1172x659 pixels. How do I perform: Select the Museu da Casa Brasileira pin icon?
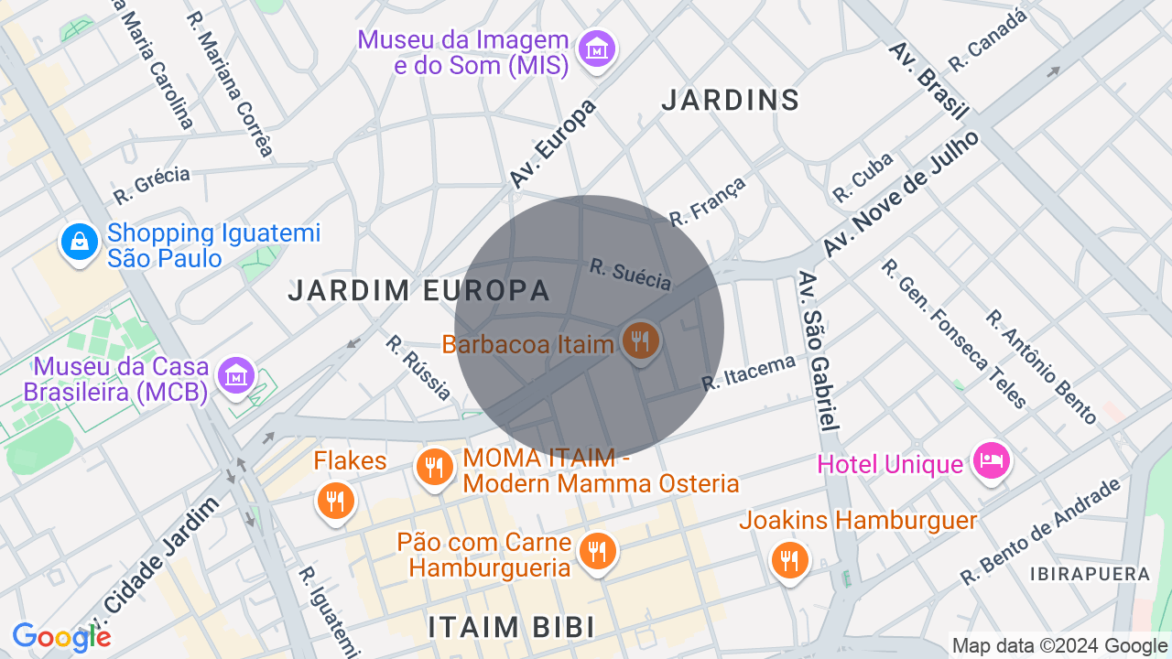pyautogui.click(x=236, y=374)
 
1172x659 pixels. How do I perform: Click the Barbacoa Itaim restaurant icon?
pyautogui.click(x=640, y=341)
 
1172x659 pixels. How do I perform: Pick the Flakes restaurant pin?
pyautogui.click(x=336, y=501)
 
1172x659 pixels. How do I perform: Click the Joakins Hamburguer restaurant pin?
pyautogui.click(x=788, y=558)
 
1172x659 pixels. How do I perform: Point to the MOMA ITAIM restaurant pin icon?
pyautogui.click(x=435, y=468)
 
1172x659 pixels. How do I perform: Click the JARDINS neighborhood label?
pyautogui.click(x=731, y=100)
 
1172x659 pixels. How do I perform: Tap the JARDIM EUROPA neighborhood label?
pyautogui.click(x=418, y=291)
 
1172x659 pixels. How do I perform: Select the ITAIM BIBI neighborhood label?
pyautogui.click(x=512, y=627)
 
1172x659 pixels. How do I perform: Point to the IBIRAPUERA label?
pyautogui.click(x=1090, y=574)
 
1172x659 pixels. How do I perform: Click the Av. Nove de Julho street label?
pyautogui.click(x=901, y=194)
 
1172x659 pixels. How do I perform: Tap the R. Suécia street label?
pyautogui.click(x=631, y=275)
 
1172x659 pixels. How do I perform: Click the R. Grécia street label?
pyautogui.click(x=152, y=185)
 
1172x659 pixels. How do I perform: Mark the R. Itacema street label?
pyautogui.click(x=749, y=373)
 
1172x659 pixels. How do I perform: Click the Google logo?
pyautogui.click(x=61, y=637)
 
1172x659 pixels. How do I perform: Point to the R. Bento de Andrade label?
pyautogui.click(x=1041, y=532)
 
